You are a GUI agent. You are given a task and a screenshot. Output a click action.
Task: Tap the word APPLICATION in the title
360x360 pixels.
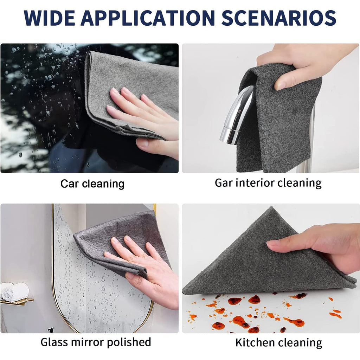(148, 18)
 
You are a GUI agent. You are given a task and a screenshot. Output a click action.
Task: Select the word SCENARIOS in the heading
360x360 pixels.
(279, 18)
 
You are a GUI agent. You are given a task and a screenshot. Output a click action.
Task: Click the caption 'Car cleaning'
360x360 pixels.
(92, 184)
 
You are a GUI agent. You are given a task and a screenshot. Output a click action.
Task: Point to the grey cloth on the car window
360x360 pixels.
(131, 92)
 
